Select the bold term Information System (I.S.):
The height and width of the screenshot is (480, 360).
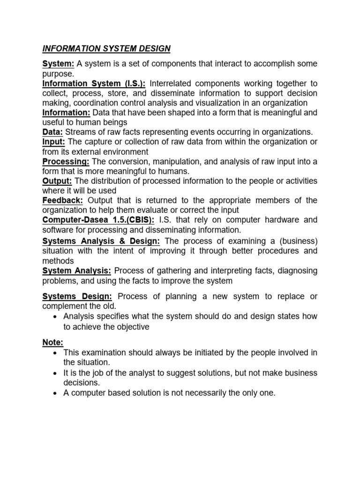coord(86,83)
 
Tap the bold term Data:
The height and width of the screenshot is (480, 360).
coord(52,132)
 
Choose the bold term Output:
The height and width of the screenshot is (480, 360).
coord(58,181)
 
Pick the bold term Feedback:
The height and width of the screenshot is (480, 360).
coord(62,201)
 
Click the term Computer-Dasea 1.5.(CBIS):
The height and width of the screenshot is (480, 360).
coord(98,220)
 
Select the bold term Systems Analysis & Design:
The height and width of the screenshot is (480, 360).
coord(102,241)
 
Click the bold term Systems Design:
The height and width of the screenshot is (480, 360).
coord(77,296)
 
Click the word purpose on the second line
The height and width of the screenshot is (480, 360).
coord(57,74)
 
